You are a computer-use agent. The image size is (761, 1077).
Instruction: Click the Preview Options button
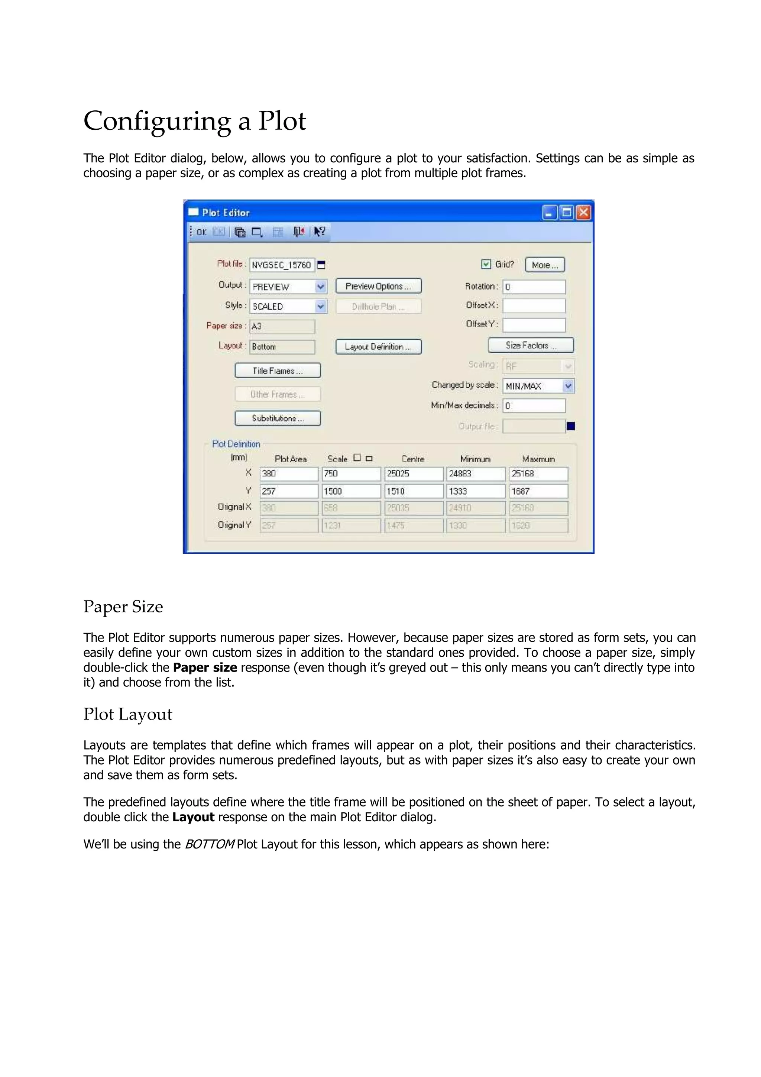378,286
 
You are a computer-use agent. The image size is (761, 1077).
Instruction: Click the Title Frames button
278,371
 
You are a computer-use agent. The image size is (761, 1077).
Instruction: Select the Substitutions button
278,418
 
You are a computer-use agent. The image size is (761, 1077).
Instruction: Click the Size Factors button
530,346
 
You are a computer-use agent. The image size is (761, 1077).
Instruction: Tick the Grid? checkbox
486,265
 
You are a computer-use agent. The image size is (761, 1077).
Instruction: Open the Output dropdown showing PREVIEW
321,287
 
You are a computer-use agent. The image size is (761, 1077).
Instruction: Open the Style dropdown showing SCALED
321,307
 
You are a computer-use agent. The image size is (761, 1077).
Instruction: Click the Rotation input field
534,287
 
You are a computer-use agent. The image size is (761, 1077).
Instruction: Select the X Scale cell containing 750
351,474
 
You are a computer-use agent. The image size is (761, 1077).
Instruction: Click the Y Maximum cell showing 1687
538,492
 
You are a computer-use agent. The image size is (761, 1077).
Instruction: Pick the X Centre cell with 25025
413,474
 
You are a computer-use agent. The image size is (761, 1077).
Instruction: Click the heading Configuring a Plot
195,122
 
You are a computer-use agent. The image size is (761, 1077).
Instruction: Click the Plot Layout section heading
127,714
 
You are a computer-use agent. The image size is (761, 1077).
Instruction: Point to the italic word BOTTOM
209,844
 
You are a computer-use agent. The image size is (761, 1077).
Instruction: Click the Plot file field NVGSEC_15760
281,265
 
